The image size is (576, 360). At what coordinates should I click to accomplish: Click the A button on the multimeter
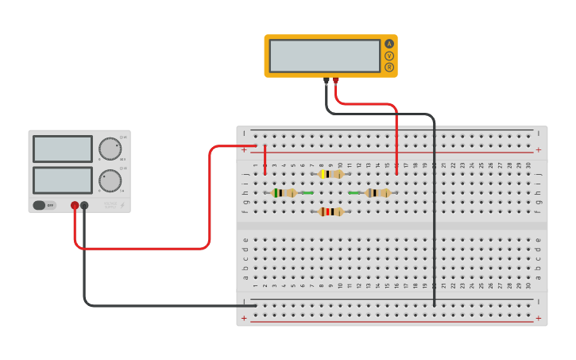(x=389, y=44)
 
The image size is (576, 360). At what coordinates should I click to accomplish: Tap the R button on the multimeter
(x=389, y=68)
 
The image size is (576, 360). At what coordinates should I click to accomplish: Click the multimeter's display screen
(x=324, y=56)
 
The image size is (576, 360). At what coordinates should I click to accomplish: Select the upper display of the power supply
(x=63, y=149)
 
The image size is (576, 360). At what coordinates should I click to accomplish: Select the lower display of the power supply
(x=63, y=180)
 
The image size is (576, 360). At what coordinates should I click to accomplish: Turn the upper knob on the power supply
(x=110, y=149)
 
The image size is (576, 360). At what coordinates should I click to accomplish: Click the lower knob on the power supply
(x=110, y=180)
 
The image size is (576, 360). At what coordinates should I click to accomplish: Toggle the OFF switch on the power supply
(x=44, y=205)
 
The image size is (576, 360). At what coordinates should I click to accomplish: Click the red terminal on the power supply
(x=75, y=205)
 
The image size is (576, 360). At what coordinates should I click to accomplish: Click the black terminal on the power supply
(x=84, y=205)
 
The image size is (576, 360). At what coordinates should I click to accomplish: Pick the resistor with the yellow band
(x=331, y=174)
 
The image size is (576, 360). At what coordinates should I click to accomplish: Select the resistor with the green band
(x=284, y=192)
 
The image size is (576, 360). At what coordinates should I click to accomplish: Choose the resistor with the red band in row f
(x=331, y=211)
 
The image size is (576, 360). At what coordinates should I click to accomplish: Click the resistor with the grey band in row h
(x=378, y=192)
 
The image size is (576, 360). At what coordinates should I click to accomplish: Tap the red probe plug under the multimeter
(x=335, y=80)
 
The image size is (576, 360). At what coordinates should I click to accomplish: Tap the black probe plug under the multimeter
(x=326, y=80)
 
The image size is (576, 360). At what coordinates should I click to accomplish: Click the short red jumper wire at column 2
(x=265, y=159)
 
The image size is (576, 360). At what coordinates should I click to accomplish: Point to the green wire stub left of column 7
(x=307, y=192)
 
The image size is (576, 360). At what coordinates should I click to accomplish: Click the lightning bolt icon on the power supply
(x=122, y=205)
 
